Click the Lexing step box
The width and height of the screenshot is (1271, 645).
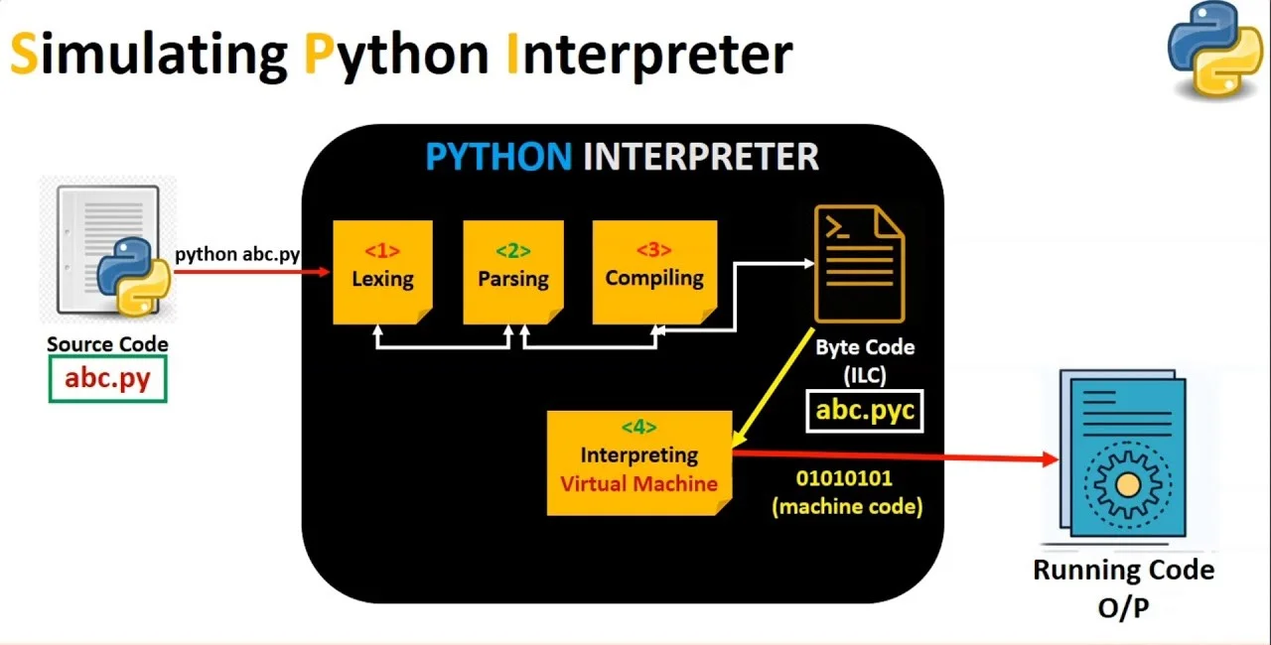382,272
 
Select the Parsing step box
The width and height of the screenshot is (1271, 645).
512,272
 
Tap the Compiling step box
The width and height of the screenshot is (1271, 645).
654,272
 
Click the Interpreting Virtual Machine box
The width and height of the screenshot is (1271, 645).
638,462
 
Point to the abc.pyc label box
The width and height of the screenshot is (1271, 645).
865,410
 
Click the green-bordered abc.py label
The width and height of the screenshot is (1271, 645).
107,379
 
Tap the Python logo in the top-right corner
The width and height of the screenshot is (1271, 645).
1214,51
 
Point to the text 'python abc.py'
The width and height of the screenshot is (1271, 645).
237,254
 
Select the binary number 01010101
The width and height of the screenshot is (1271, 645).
844,478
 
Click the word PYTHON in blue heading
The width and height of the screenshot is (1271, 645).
497,157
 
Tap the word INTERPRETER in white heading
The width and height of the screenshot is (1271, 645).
700,157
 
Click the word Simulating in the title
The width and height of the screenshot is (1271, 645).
149,54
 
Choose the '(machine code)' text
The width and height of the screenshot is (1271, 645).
847,506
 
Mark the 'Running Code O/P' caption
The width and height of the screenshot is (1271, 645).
1123,588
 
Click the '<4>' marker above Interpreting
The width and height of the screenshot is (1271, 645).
638,427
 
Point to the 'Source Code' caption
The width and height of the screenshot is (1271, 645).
107,344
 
